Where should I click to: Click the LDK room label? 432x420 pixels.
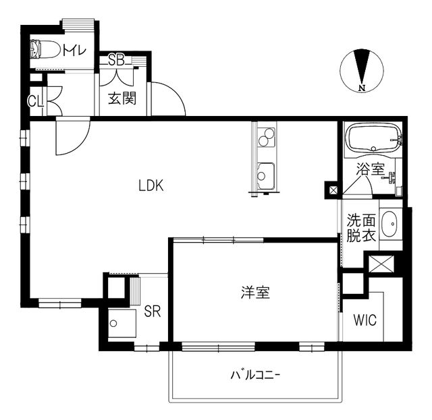coord(151,187)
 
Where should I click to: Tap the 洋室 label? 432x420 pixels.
coord(256,293)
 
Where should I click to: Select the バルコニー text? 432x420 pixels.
coord(255,375)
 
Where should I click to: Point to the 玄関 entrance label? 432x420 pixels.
coord(123,98)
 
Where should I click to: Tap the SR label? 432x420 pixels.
coord(153,311)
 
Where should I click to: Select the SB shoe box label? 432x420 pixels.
coord(115,60)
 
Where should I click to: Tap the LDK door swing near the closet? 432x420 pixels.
coord(71,136)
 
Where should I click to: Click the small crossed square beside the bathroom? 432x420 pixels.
coord(333,190)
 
